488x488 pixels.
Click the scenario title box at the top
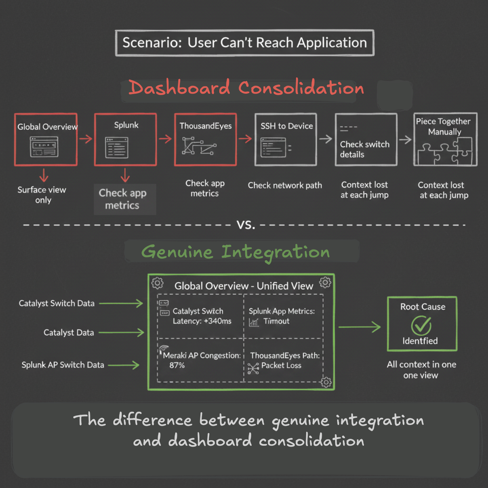coord(245,43)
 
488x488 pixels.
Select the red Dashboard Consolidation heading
coord(246,88)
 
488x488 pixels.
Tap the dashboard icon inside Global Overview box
coord(44,147)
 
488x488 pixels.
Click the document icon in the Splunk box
coord(116,148)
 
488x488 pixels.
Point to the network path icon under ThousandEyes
coord(199,146)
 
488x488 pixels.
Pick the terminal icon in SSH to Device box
coord(274,147)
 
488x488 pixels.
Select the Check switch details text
coord(364,149)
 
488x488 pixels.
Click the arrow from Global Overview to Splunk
coord(86,139)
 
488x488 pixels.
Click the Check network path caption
coord(285,185)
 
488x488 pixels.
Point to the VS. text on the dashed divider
coord(246,225)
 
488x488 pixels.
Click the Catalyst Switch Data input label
coord(57,304)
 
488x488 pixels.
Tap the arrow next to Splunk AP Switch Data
coord(124,365)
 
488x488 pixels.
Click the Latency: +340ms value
coord(202,321)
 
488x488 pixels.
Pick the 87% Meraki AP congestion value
coord(177,365)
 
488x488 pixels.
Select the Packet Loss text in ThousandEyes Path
coord(281,366)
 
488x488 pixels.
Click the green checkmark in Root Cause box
coord(421,326)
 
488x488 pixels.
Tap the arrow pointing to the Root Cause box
coord(359,327)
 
